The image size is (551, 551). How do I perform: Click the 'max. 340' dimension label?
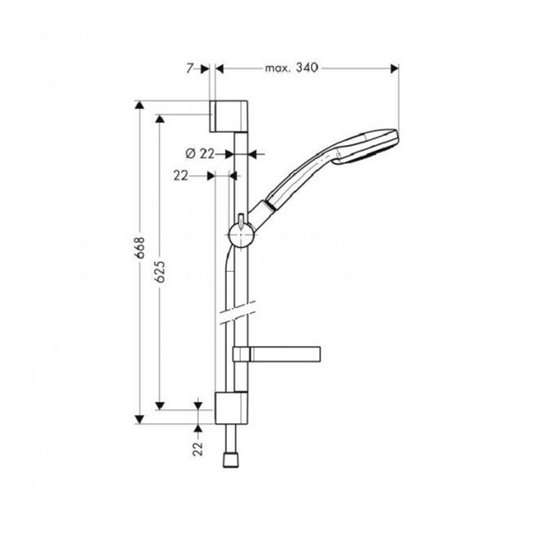coord(291,68)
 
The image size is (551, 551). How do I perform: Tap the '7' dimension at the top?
coord(190,68)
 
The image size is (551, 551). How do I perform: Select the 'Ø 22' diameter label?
coord(199,154)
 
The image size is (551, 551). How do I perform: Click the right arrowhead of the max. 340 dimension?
coord(394,68)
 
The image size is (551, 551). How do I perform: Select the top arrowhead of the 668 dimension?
coord(140,106)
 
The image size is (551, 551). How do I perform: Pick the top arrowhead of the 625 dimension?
coord(160,120)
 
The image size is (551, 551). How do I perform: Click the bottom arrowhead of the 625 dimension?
coord(160,406)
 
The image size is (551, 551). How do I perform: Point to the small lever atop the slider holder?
coord(241,219)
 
